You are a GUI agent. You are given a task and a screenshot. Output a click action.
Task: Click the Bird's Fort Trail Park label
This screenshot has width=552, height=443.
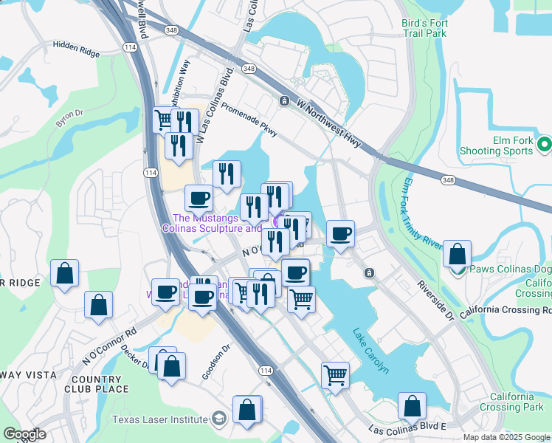424,28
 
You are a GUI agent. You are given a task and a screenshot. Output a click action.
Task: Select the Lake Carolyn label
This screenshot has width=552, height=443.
370,350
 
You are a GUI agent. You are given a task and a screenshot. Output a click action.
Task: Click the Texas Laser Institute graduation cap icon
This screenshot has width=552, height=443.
218,419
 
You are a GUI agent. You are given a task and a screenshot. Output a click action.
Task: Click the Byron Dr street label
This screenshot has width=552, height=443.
70,120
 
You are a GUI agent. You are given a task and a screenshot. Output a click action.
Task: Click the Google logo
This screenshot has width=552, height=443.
24,434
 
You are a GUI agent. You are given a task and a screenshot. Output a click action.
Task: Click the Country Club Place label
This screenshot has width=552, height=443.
97,384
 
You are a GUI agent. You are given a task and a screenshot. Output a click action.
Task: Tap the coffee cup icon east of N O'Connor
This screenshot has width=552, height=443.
340,234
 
